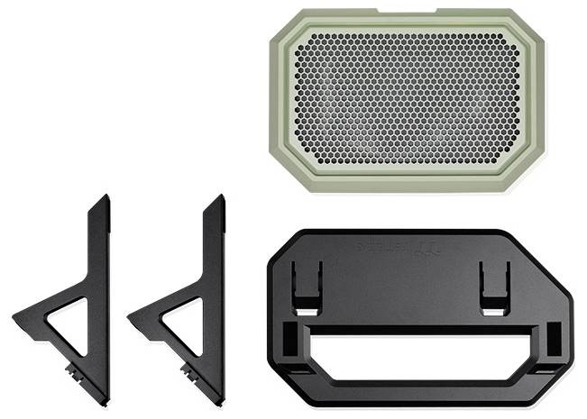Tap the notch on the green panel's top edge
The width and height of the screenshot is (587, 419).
pos(407,13)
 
